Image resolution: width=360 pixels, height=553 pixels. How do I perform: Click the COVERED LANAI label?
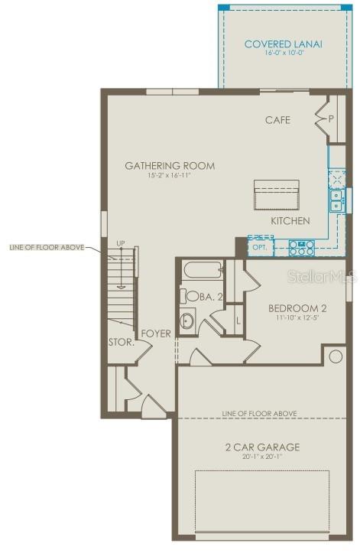pyautogui.click(x=283, y=44)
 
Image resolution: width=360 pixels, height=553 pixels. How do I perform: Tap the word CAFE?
pyautogui.click(x=277, y=120)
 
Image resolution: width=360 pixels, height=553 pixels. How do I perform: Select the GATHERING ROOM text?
pyautogui.click(x=170, y=165)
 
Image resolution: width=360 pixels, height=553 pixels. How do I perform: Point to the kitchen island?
pyautogui.click(x=276, y=194)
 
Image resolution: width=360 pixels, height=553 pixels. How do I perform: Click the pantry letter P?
pyautogui.click(x=331, y=119)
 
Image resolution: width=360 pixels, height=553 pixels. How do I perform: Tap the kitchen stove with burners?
pyautogui.click(x=301, y=247)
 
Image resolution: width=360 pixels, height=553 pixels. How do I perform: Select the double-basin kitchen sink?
pyautogui.click(x=336, y=200)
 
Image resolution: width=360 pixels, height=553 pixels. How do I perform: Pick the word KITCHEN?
pyautogui.click(x=290, y=221)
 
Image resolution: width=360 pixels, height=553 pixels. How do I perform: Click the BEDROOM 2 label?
pyautogui.click(x=297, y=308)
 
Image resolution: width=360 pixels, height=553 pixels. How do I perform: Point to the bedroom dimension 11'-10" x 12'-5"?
pyautogui.click(x=297, y=320)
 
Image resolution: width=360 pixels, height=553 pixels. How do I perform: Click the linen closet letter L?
pyautogui.click(x=238, y=320)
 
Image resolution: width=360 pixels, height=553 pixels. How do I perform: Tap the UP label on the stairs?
pyautogui.click(x=120, y=244)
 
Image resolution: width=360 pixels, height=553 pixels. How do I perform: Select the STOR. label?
pyautogui.click(x=121, y=343)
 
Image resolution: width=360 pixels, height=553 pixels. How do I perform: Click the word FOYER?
pyautogui.click(x=156, y=333)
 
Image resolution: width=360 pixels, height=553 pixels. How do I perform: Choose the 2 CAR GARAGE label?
pyautogui.click(x=261, y=447)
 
